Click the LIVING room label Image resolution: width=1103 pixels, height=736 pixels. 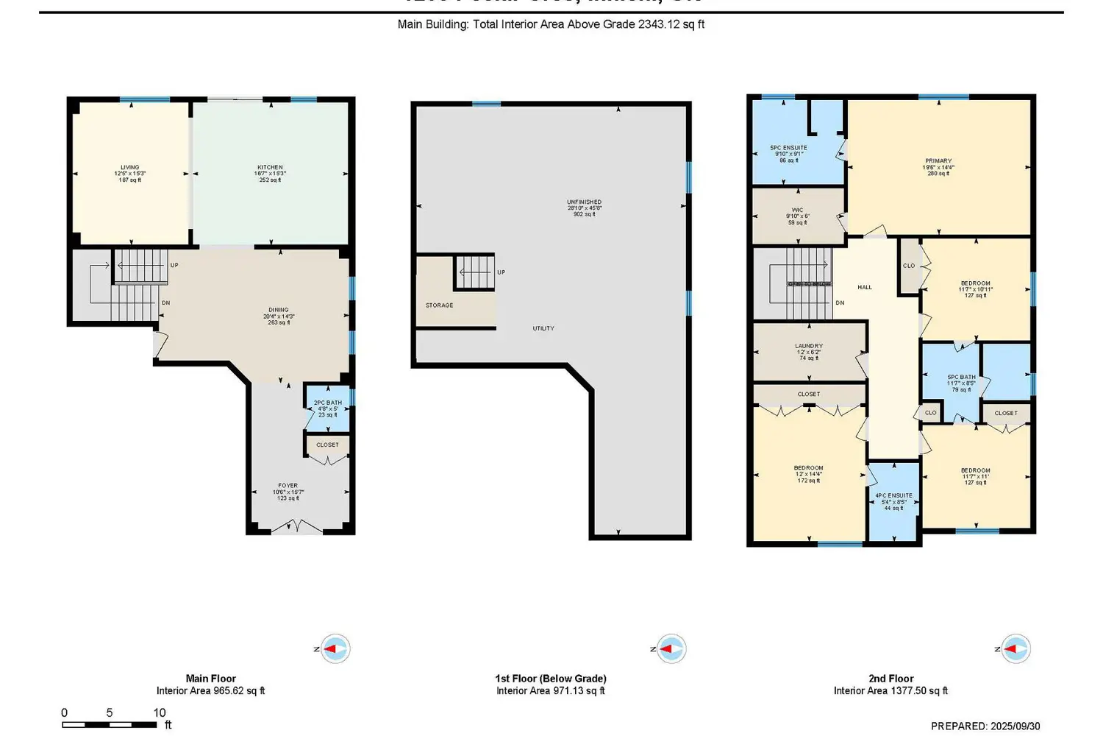click(130, 168)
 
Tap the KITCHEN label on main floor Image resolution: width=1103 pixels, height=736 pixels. click(270, 168)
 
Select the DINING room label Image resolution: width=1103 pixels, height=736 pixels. click(279, 310)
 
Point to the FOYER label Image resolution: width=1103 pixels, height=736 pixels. click(288, 486)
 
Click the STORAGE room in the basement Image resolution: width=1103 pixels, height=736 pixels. click(440, 305)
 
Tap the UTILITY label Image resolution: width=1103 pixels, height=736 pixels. click(543, 328)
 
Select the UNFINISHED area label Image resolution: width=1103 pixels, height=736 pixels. click(584, 202)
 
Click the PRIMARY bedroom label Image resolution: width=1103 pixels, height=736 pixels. click(938, 161)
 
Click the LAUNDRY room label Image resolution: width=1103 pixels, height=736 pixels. click(809, 346)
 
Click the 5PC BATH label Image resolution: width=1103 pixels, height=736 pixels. click(961, 378)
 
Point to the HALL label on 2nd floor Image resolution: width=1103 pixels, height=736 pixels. click(865, 287)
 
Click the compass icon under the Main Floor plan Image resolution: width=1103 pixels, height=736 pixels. click(335, 649)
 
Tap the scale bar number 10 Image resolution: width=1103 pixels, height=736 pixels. click(160, 712)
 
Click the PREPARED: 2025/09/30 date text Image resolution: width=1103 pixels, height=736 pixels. click(985, 726)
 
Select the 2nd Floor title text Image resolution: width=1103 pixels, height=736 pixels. click(890, 679)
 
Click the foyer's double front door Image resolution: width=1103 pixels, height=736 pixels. click(296, 527)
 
